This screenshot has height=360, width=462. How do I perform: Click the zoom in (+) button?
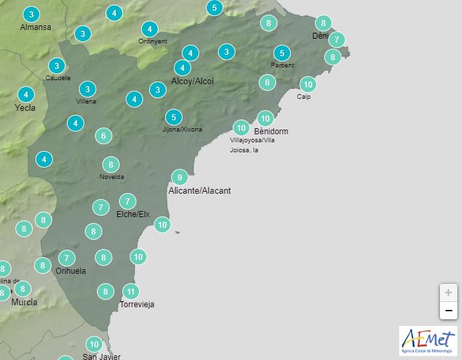tap(448, 293)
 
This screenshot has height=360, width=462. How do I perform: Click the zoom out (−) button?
tap(448, 311)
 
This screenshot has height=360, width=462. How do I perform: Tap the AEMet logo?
tap(428, 341)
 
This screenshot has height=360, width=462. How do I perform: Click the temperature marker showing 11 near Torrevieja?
tap(131, 291)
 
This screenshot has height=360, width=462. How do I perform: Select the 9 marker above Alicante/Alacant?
tap(179, 177)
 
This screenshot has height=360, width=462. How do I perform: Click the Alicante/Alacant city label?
tap(199, 191)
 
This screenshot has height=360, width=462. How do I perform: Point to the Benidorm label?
tap(271, 132)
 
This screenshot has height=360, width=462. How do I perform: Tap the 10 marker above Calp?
tap(308, 84)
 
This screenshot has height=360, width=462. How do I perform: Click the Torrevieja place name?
tap(136, 305)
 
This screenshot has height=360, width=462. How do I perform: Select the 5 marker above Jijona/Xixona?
tap(173, 117)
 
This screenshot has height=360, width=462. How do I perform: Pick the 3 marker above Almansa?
tap(31, 14)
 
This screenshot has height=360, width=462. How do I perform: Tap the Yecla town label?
tap(25, 108)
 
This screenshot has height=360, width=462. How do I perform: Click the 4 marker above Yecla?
tap(26, 94)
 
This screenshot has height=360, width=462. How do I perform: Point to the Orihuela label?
tap(71, 271)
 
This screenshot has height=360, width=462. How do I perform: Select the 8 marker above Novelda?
tap(111, 164)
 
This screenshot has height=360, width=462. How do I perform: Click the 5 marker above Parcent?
tap(282, 53)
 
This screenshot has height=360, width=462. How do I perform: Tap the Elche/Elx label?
tap(133, 214)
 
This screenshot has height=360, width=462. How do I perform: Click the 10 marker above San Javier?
tap(94, 345)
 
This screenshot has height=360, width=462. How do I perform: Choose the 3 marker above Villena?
tap(87, 89)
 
